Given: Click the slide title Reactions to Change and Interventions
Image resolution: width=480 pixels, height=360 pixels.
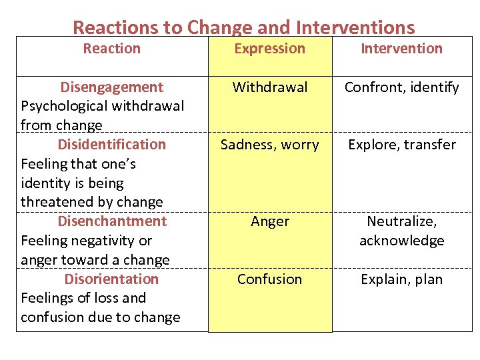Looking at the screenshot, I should point(243,27).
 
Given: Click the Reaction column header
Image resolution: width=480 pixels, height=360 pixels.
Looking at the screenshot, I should point(112,49).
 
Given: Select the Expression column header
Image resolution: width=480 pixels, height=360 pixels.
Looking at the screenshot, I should point(269,49).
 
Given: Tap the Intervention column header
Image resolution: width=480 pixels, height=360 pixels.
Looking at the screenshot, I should point(401,49).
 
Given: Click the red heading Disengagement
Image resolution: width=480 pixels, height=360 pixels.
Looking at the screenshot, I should point(112,87).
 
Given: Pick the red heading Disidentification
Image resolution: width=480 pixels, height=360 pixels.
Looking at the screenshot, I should point(112,145).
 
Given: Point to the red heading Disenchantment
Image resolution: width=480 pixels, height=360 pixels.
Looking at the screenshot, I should point(112,221).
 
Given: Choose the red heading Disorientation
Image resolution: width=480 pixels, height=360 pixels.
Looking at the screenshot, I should point(112,279).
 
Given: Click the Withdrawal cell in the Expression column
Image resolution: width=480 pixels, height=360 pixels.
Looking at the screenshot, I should point(269,87).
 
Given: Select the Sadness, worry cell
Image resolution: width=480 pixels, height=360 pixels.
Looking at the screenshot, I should point(269,145).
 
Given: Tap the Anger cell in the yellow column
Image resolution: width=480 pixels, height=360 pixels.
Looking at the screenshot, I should point(269,221).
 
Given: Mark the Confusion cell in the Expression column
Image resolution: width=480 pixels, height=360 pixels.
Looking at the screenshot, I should point(269,279).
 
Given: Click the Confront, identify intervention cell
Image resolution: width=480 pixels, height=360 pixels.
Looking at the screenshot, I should point(401,87).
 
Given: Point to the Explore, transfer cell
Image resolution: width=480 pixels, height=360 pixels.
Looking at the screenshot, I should point(401,145).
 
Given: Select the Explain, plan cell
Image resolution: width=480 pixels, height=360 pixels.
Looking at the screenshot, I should point(401,279).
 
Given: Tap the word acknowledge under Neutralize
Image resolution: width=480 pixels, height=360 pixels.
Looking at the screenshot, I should point(401,241).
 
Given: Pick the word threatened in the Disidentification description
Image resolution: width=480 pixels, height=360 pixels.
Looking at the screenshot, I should point(56,202).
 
